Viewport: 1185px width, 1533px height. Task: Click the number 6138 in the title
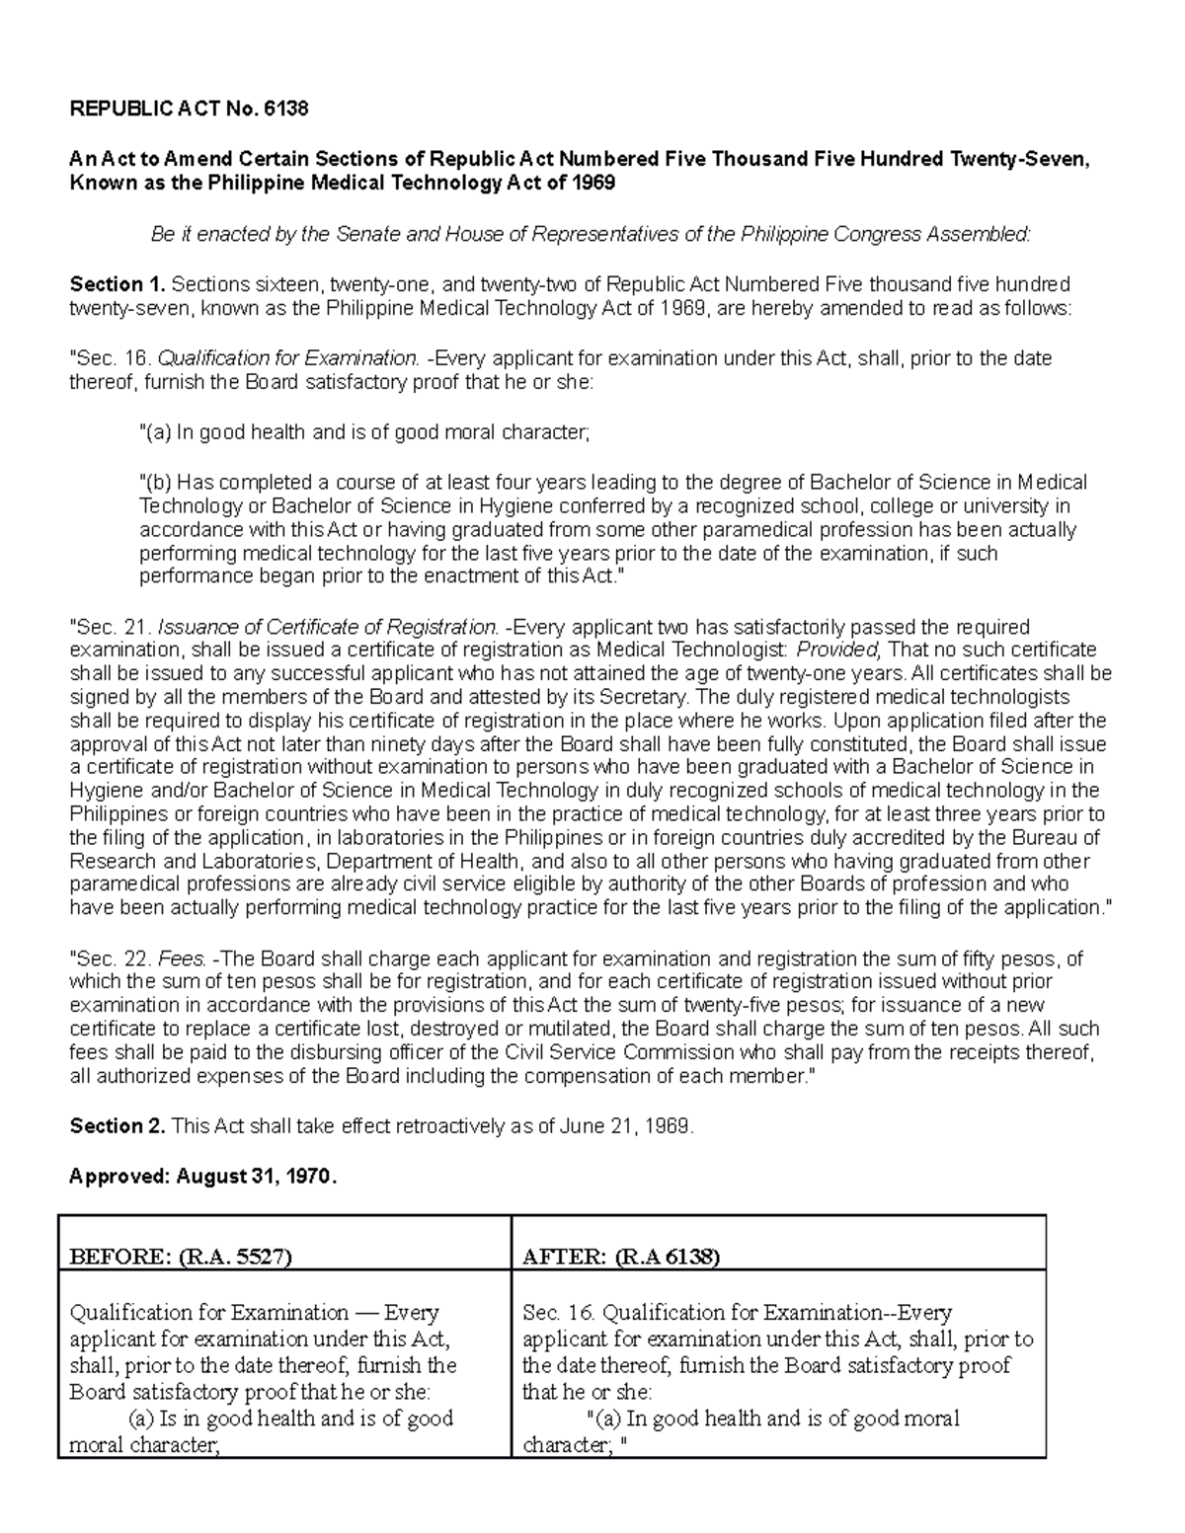(286, 110)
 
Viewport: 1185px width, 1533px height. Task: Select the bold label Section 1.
(118, 285)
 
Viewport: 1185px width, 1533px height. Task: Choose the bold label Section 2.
(118, 1126)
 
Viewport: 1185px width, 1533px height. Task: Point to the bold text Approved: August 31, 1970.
(202, 1176)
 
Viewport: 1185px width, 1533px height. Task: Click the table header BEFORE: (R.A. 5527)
(181, 1257)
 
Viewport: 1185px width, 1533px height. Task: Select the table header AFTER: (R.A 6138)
(621, 1257)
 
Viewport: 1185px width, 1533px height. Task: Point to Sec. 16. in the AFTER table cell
(558, 1313)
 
